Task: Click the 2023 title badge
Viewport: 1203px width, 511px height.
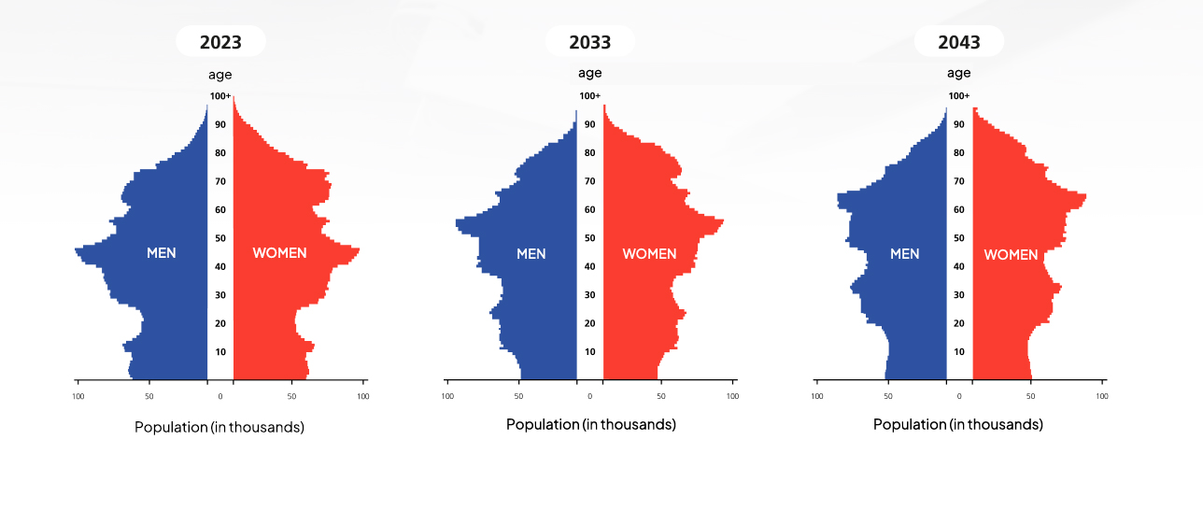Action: pos(220,41)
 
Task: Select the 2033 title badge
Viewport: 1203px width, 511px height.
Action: pos(590,41)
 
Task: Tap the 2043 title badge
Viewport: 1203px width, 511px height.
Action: pos(959,41)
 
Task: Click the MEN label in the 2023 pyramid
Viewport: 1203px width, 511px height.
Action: pos(162,253)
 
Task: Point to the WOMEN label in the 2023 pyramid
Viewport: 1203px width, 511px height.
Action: pos(279,253)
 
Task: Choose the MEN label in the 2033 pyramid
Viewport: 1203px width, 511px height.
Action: pos(531,254)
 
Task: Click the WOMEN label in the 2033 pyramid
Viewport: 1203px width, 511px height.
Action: pos(649,254)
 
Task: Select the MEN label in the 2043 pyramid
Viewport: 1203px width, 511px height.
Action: pos(904,254)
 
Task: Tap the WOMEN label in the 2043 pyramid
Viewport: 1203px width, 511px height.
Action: pos(1011,254)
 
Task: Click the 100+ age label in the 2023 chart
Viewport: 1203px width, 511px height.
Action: pos(220,96)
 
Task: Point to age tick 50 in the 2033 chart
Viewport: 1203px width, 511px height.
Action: pos(590,238)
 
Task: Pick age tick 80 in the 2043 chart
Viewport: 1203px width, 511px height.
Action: pos(959,153)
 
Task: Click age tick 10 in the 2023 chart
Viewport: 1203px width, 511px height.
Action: pos(220,352)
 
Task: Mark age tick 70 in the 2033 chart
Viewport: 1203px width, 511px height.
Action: pos(590,181)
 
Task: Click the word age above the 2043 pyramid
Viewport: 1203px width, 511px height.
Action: pos(959,73)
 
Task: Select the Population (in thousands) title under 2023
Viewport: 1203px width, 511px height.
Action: pos(219,427)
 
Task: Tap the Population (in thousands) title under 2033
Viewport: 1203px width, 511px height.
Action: pos(590,424)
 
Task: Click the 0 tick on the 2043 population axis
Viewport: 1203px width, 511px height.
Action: pos(959,396)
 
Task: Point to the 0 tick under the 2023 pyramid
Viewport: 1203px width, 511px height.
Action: pos(220,396)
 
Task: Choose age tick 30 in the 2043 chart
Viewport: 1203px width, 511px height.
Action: pos(959,295)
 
